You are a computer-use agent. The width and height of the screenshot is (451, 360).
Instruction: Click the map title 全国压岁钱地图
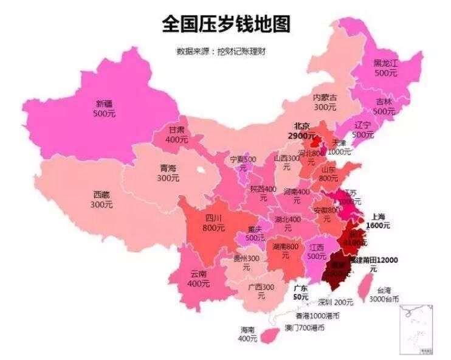[x=225, y=24]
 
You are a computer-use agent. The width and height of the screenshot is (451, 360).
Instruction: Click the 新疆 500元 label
[x=104, y=108]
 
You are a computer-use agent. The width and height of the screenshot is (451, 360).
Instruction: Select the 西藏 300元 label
[x=102, y=199]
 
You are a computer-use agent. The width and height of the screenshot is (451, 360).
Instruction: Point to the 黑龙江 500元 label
[x=385, y=67]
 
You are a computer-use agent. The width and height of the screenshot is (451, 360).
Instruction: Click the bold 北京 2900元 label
[x=301, y=131]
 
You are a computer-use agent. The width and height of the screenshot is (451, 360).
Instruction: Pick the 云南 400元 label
[x=198, y=279]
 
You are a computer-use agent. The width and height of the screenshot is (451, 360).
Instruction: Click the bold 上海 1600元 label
[x=377, y=220]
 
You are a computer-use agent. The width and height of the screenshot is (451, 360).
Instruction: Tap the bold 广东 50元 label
[x=300, y=292]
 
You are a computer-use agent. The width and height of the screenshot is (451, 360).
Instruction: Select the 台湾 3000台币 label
[x=384, y=295]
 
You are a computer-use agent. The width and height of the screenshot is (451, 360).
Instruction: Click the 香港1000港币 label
[x=317, y=316]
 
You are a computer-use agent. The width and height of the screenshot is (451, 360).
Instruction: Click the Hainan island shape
[x=268, y=334]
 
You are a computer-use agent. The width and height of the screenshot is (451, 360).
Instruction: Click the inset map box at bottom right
[x=416, y=329]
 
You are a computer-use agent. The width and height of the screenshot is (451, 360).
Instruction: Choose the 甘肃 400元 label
[x=177, y=134]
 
